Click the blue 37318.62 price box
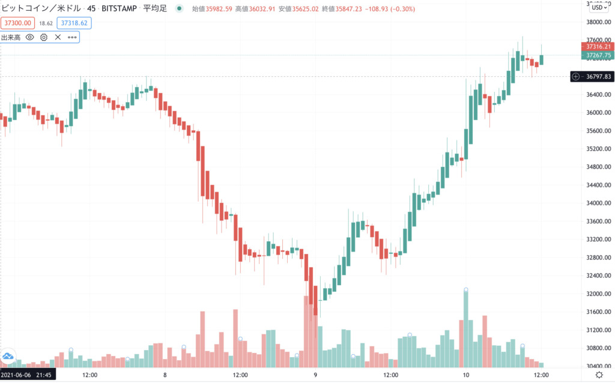73,22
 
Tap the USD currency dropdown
598,7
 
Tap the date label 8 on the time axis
165,375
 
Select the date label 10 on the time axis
466,375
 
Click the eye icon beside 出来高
30,37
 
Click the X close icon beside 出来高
58,37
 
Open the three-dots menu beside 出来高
72,37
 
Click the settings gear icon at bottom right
598,375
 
